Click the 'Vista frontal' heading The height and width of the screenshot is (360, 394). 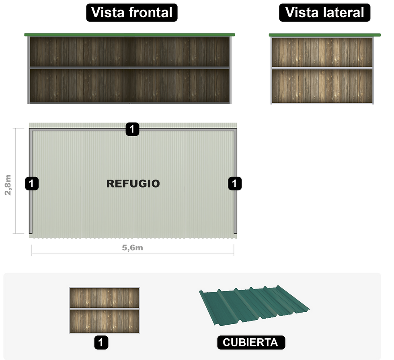[x=132, y=12]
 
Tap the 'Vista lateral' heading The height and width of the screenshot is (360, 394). [x=324, y=12]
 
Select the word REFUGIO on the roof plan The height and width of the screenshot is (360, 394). [x=133, y=184]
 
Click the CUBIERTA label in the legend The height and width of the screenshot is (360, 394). [x=250, y=343]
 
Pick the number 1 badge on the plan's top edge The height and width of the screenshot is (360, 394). [x=132, y=129]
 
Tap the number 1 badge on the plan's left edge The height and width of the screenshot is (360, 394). [x=32, y=183]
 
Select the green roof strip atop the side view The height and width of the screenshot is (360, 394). [x=324, y=35]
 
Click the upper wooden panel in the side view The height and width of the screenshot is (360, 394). [x=322, y=52]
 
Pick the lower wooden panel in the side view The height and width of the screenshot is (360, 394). [x=322, y=86]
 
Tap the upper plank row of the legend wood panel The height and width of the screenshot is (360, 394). [x=104, y=298]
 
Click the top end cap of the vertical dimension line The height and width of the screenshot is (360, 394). [x=15, y=128]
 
